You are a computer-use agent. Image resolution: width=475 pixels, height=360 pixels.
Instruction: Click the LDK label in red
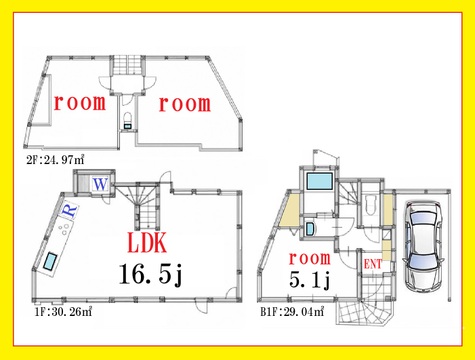pyautogui.click(x=147, y=243)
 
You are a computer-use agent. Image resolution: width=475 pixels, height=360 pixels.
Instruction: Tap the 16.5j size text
pyautogui.click(x=151, y=274)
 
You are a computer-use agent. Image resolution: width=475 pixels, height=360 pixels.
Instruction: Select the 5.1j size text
pyautogui.click(x=310, y=279)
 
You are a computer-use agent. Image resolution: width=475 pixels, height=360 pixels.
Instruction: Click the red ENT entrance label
pyautogui.click(x=372, y=265)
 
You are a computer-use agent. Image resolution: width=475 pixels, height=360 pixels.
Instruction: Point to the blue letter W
pyautogui.click(x=100, y=184)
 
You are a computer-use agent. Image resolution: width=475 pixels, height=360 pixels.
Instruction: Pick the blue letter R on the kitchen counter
pyautogui.click(x=70, y=210)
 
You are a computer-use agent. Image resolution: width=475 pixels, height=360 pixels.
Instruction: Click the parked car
pyautogui.click(x=423, y=246)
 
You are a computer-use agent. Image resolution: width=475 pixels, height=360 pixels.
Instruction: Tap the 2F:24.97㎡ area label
pyautogui.click(x=55, y=160)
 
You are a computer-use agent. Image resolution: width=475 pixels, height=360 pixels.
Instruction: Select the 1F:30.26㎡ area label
pyautogui.click(x=63, y=312)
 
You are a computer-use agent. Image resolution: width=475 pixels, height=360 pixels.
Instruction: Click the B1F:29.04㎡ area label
pyautogui.click(x=292, y=312)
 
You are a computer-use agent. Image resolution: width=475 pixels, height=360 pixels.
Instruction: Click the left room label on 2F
pyautogui.click(x=80, y=103)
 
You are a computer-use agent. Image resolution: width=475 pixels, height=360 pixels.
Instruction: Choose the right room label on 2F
pyautogui.click(x=185, y=104)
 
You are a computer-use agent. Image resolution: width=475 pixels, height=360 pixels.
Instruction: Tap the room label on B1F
pyautogui.click(x=310, y=258)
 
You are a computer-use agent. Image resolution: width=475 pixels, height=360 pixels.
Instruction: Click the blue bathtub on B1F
pyautogui.click(x=319, y=181)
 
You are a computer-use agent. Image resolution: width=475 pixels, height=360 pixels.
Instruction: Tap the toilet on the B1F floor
pyautogui.click(x=371, y=206)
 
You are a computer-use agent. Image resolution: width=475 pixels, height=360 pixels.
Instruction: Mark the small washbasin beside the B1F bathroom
pyautogui.click(x=310, y=229)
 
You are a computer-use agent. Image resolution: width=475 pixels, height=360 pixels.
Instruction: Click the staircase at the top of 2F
pyautogui.click(x=129, y=66)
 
